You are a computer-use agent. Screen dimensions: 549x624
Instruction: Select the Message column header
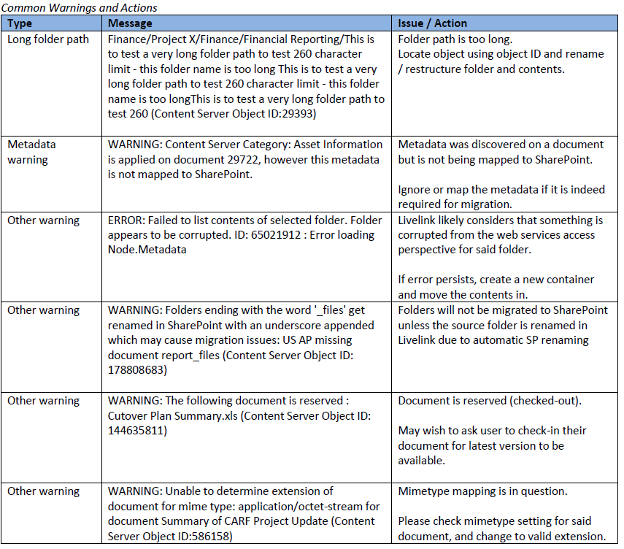click(130, 23)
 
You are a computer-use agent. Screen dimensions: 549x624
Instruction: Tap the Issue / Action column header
click(433, 23)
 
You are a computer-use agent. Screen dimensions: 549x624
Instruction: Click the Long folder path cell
click(48, 39)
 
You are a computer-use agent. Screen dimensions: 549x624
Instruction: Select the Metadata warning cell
click(32, 152)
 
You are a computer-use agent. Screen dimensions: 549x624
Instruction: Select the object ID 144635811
click(138, 431)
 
